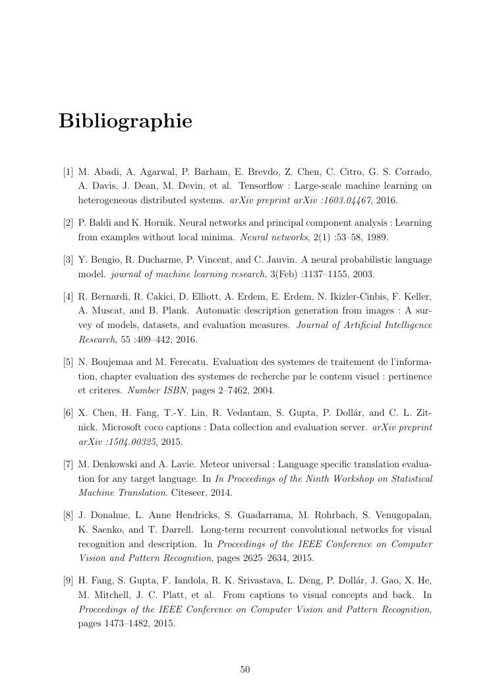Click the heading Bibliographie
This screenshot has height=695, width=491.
125,121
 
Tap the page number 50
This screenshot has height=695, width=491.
245,670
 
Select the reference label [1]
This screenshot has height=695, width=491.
68,172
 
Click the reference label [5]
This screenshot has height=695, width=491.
68,362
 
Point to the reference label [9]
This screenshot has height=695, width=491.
68,580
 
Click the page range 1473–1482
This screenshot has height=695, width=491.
121,622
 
